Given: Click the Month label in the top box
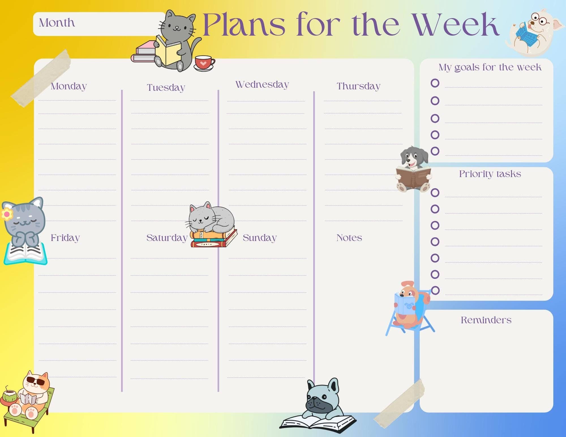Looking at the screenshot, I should tap(57, 23).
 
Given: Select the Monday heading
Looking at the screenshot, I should tap(68, 86).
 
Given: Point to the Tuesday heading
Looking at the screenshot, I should tap(166, 87).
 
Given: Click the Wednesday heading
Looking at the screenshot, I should tap(262, 84).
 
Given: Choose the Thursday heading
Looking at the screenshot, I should tap(358, 86).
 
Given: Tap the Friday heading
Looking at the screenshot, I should tap(65, 238).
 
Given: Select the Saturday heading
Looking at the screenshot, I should tap(167, 238).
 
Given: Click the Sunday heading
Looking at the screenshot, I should tap(260, 238).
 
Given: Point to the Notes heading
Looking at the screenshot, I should tap(349, 238).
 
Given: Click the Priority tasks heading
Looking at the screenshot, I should tap(490, 174).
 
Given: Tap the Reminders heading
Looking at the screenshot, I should tap(486, 320).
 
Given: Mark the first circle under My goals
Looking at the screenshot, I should tap(435, 83).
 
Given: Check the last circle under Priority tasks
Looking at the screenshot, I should tap(435, 290).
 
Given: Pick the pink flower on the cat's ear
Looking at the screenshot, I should tap(7, 214).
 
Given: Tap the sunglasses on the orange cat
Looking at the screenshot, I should tap(36, 382).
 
